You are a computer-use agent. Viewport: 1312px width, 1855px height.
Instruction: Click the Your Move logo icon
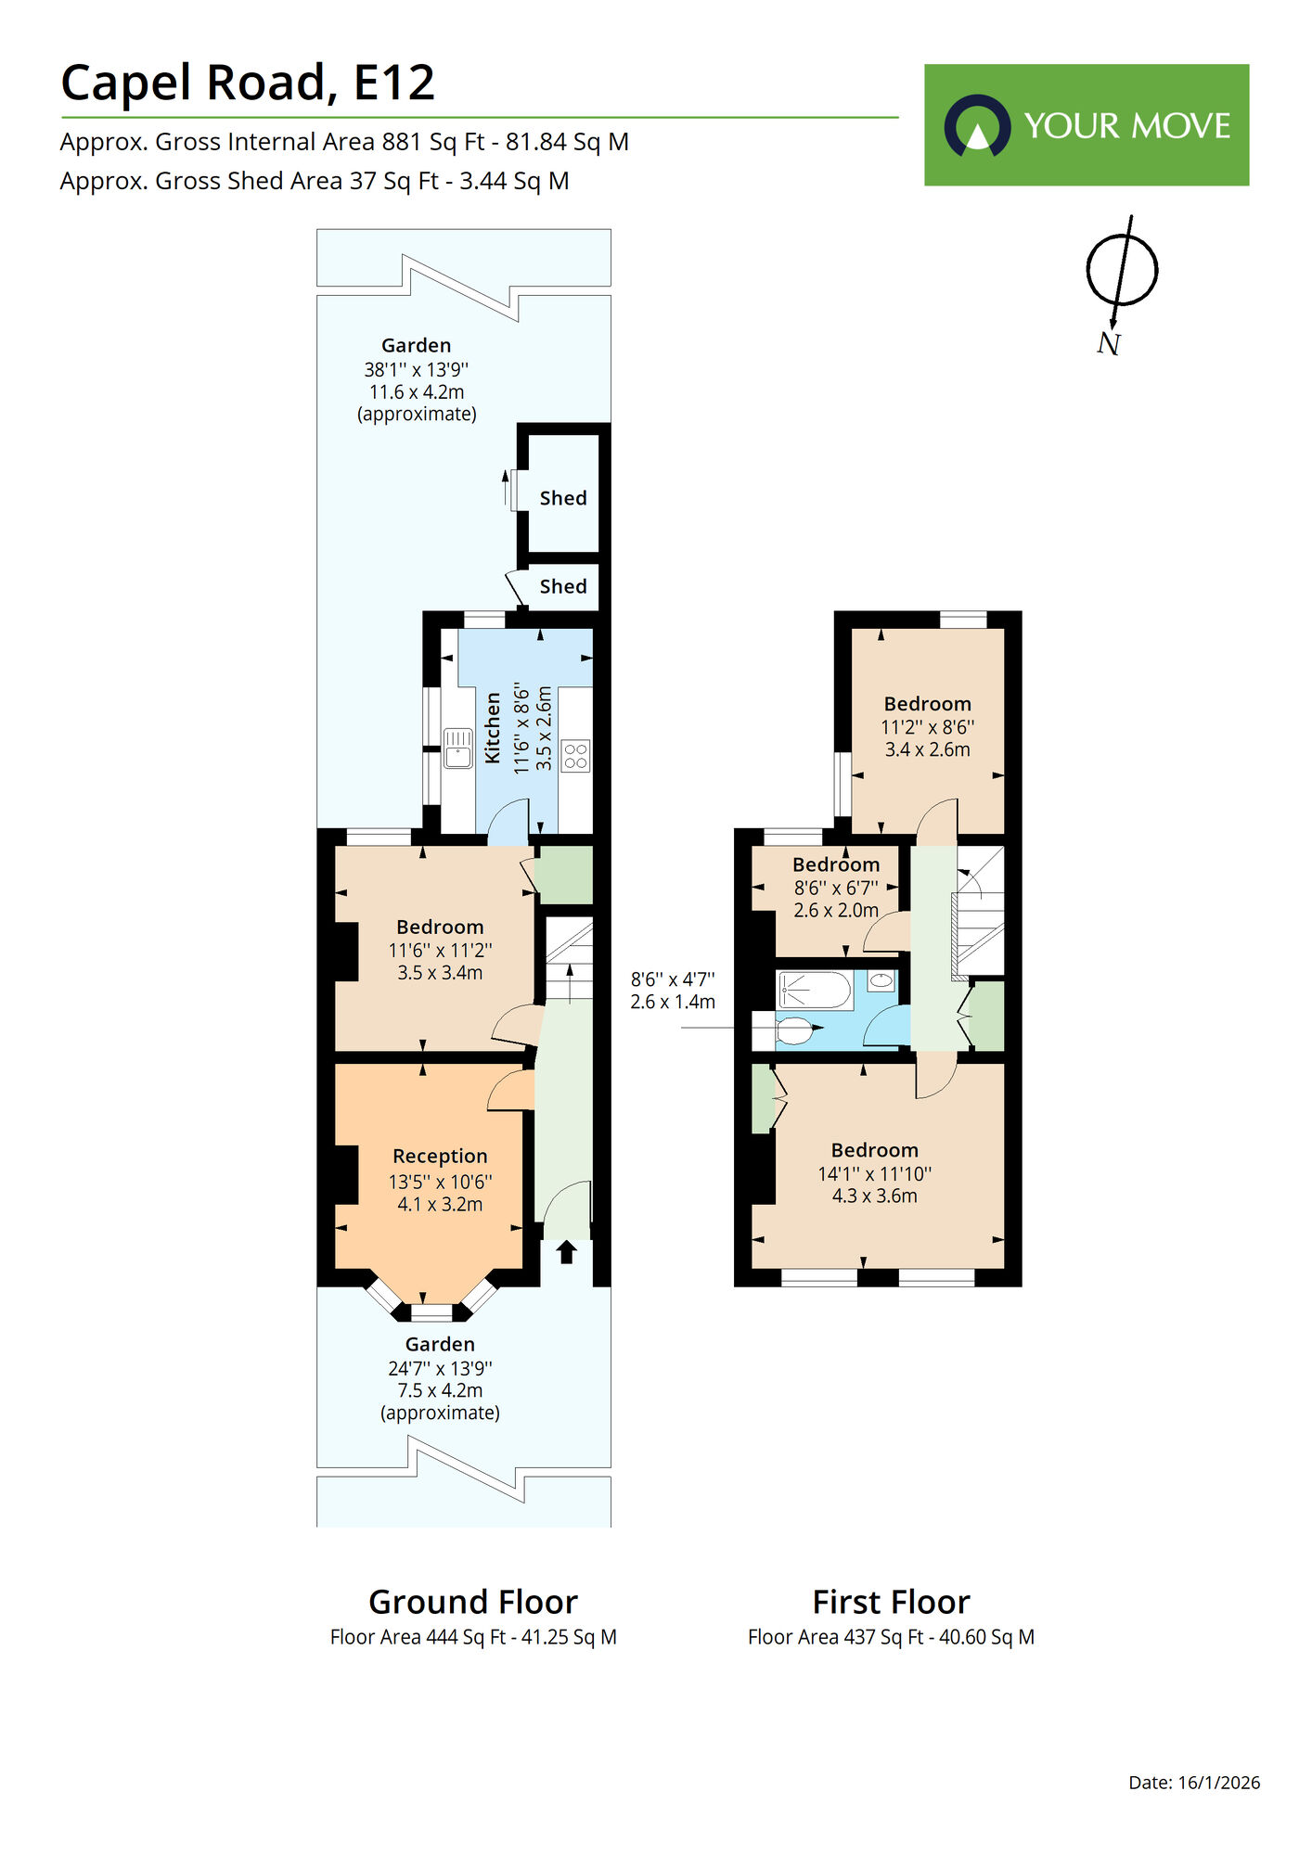pyautogui.click(x=976, y=125)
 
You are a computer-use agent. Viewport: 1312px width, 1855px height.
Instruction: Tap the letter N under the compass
pyautogui.click(x=1108, y=344)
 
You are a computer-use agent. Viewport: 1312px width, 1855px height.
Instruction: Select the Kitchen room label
pyautogui.click(x=493, y=728)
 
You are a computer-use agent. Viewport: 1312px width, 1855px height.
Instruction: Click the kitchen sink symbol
pyautogui.click(x=457, y=748)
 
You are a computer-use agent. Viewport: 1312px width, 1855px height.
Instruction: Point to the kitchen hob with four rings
pyautogui.click(x=575, y=755)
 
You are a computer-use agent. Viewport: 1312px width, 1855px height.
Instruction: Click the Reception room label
pyautogui.click(x=440, y=1157)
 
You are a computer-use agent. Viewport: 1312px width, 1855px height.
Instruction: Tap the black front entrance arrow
pyautogui.click(x=566, y=1252)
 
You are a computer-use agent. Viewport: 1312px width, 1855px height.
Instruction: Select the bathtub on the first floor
pyautogui.click(x=815, y=991)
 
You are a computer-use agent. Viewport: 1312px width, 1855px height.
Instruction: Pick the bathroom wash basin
pyautogui.click(x=881, y=979)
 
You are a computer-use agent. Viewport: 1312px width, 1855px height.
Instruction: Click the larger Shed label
pyautogui.click(x=563, y=499)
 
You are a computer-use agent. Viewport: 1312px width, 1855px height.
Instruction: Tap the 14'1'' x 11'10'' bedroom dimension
pyautogui.click(x=874, y=1173)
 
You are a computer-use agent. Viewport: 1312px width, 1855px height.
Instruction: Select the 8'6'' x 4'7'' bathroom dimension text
pyautogui.click(x=673, y=979)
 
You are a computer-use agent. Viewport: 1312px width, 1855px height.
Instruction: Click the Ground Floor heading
pyautogui.click(x=473, y=1603)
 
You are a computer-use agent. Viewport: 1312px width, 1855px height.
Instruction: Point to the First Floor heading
pyautogui.click(x=891, y=1603)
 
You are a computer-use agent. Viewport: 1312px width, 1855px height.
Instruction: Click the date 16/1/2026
pyautogui.click(x=1218, y=1783)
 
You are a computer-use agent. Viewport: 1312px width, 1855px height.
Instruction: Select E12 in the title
pyautogui.click(x=394, y=83)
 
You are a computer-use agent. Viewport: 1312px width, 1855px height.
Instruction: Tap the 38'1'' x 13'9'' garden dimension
pyautogui.click(x=416, y=369)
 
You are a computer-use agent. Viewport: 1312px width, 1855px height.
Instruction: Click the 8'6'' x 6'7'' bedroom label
pyautogui.click(x=835, y=888)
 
